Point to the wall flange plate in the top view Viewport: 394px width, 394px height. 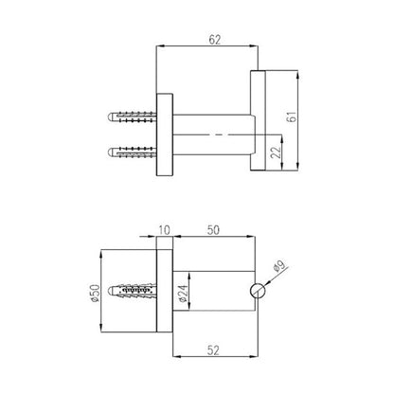click(x=165, y=134)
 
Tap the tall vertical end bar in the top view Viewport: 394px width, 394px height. click(x=258, y=120)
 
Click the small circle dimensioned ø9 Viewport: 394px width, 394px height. click(x=257, y=293)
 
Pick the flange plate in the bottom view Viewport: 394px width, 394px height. click(x=165, y=292)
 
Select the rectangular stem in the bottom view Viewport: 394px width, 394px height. click(x=213, y=292)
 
